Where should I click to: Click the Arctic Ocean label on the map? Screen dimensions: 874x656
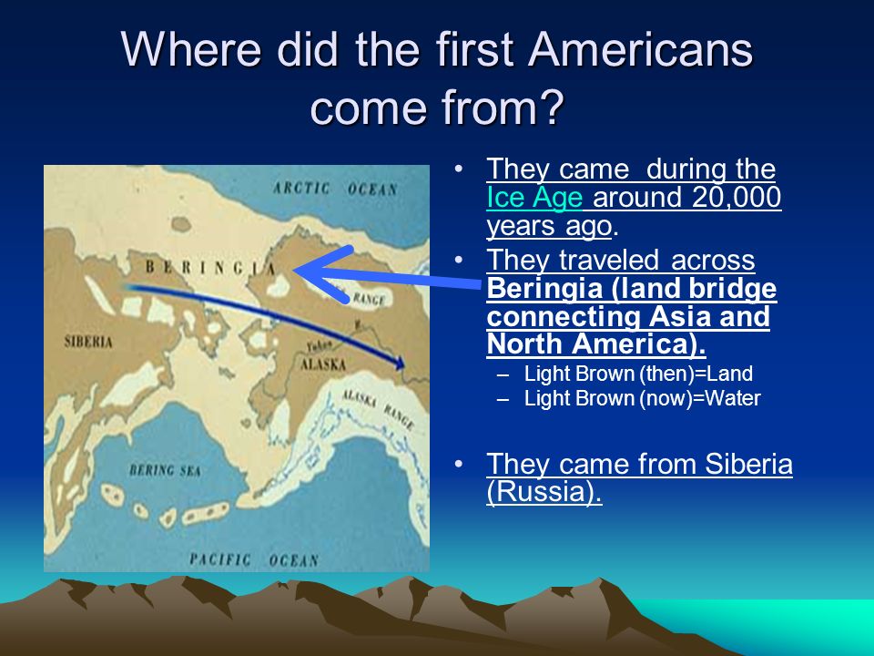[335, 189]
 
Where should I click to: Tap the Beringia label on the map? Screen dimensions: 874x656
[211, 268]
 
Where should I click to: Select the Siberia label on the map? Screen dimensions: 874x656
[88, 342]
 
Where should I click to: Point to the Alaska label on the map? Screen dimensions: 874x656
[322, 364]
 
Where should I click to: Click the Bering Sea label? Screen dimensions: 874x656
[165, 470]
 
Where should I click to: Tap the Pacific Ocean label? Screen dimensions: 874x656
[254, 559]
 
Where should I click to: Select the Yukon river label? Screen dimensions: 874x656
[320, 346]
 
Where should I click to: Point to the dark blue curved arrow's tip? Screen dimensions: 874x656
[403, 366]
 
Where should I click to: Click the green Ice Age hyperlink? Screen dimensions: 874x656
[534, 198]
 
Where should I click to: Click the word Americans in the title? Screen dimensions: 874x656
[640, 48]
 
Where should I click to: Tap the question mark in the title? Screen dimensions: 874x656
[551, 108]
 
